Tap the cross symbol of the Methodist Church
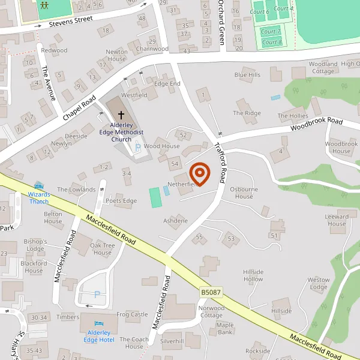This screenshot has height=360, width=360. tap(121, 114)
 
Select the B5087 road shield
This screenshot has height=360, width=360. tap(211, 292)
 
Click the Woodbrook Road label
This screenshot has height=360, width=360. tap(316, 124)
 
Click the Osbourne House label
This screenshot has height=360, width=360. tap(244, 193)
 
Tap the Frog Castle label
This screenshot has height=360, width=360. tap(132, 314)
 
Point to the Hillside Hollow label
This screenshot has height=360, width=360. tap(253, 275)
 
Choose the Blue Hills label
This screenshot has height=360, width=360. tap(247, 75)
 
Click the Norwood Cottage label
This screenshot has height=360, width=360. tap(211, 312)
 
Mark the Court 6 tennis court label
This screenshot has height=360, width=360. tap(260, 12)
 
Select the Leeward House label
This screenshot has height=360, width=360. tap(337, 220)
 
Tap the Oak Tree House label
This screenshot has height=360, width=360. tap(103, 248)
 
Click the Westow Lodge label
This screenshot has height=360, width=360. tap(318, 283)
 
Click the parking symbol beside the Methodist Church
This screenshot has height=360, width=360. tap(138, 146)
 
